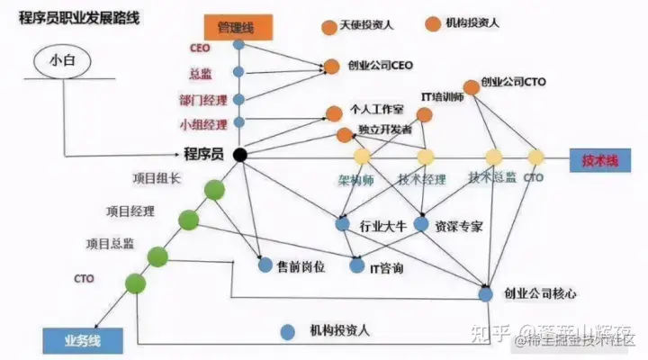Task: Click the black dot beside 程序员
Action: [239, 155]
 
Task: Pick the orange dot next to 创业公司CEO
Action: [330, 66]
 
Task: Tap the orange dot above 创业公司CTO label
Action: [470, 87]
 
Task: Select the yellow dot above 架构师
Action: [361, 157]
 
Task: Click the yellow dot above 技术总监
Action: [492, 157]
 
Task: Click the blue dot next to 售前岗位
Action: [265, 265]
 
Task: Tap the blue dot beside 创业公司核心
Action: [486, 293]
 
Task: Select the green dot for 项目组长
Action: [214, 190]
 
